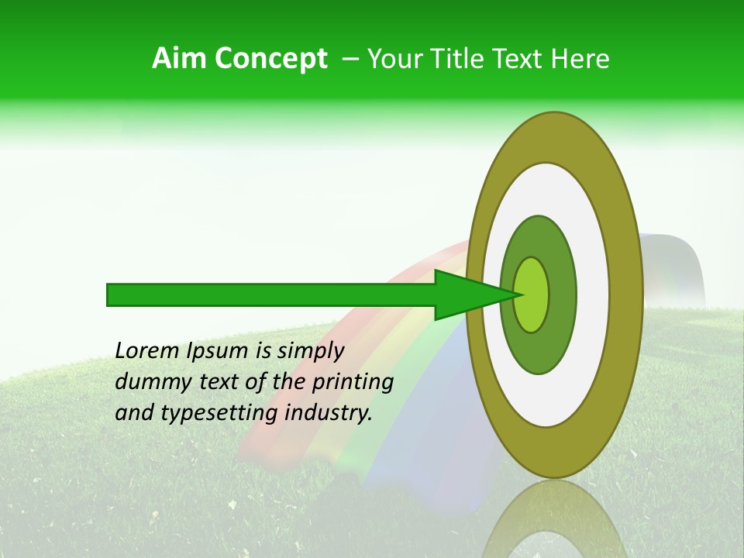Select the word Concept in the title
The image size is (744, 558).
(x=271, y=60)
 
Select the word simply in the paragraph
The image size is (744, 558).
(x=310, y=351)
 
